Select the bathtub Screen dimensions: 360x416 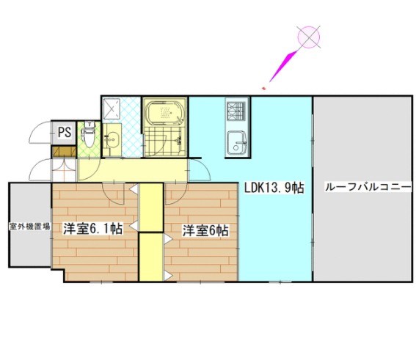click(x=166, y=114)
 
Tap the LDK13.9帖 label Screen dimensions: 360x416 click(x=274, y=188)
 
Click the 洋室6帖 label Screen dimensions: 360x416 click(x=205, y=230)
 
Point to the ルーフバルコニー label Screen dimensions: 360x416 click(x=364, y=188)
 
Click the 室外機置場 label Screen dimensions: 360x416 click(x=29, y=227)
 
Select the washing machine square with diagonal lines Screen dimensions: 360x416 click(x=114, y=109)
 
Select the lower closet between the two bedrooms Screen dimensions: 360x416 click(x=150, y=257)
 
